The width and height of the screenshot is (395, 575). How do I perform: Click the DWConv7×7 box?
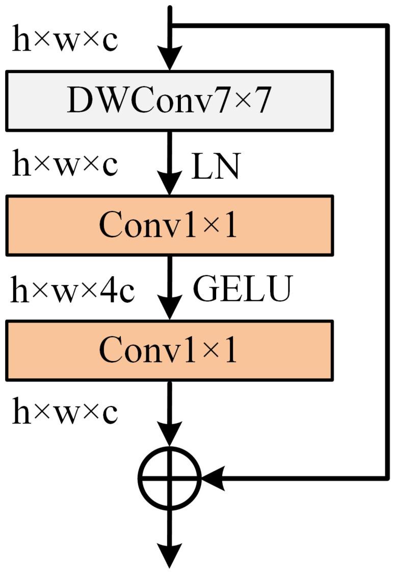point(169,100)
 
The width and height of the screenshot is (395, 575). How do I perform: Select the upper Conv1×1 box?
point(169,225)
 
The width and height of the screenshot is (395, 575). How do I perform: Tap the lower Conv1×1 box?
point(169,350)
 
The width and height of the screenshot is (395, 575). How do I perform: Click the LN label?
point(215,167)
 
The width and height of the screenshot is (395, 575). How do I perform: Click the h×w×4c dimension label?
point(73,291)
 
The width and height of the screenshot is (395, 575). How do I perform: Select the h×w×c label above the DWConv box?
point(65,41)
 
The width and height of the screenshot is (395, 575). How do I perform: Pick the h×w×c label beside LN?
point(65,165)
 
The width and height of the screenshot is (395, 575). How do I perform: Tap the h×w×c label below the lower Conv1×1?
point(65,413)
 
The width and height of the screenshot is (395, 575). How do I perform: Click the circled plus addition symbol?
point(170,478)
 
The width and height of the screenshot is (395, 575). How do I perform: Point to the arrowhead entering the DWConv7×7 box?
point(170,59)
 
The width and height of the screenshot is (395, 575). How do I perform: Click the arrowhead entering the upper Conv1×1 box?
point(170,184)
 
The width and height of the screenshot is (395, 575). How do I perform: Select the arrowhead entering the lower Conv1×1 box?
point(170,309)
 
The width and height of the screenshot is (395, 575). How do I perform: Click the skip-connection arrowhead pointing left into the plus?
point(213,478)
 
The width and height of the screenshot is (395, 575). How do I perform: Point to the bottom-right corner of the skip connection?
point(386,478)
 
